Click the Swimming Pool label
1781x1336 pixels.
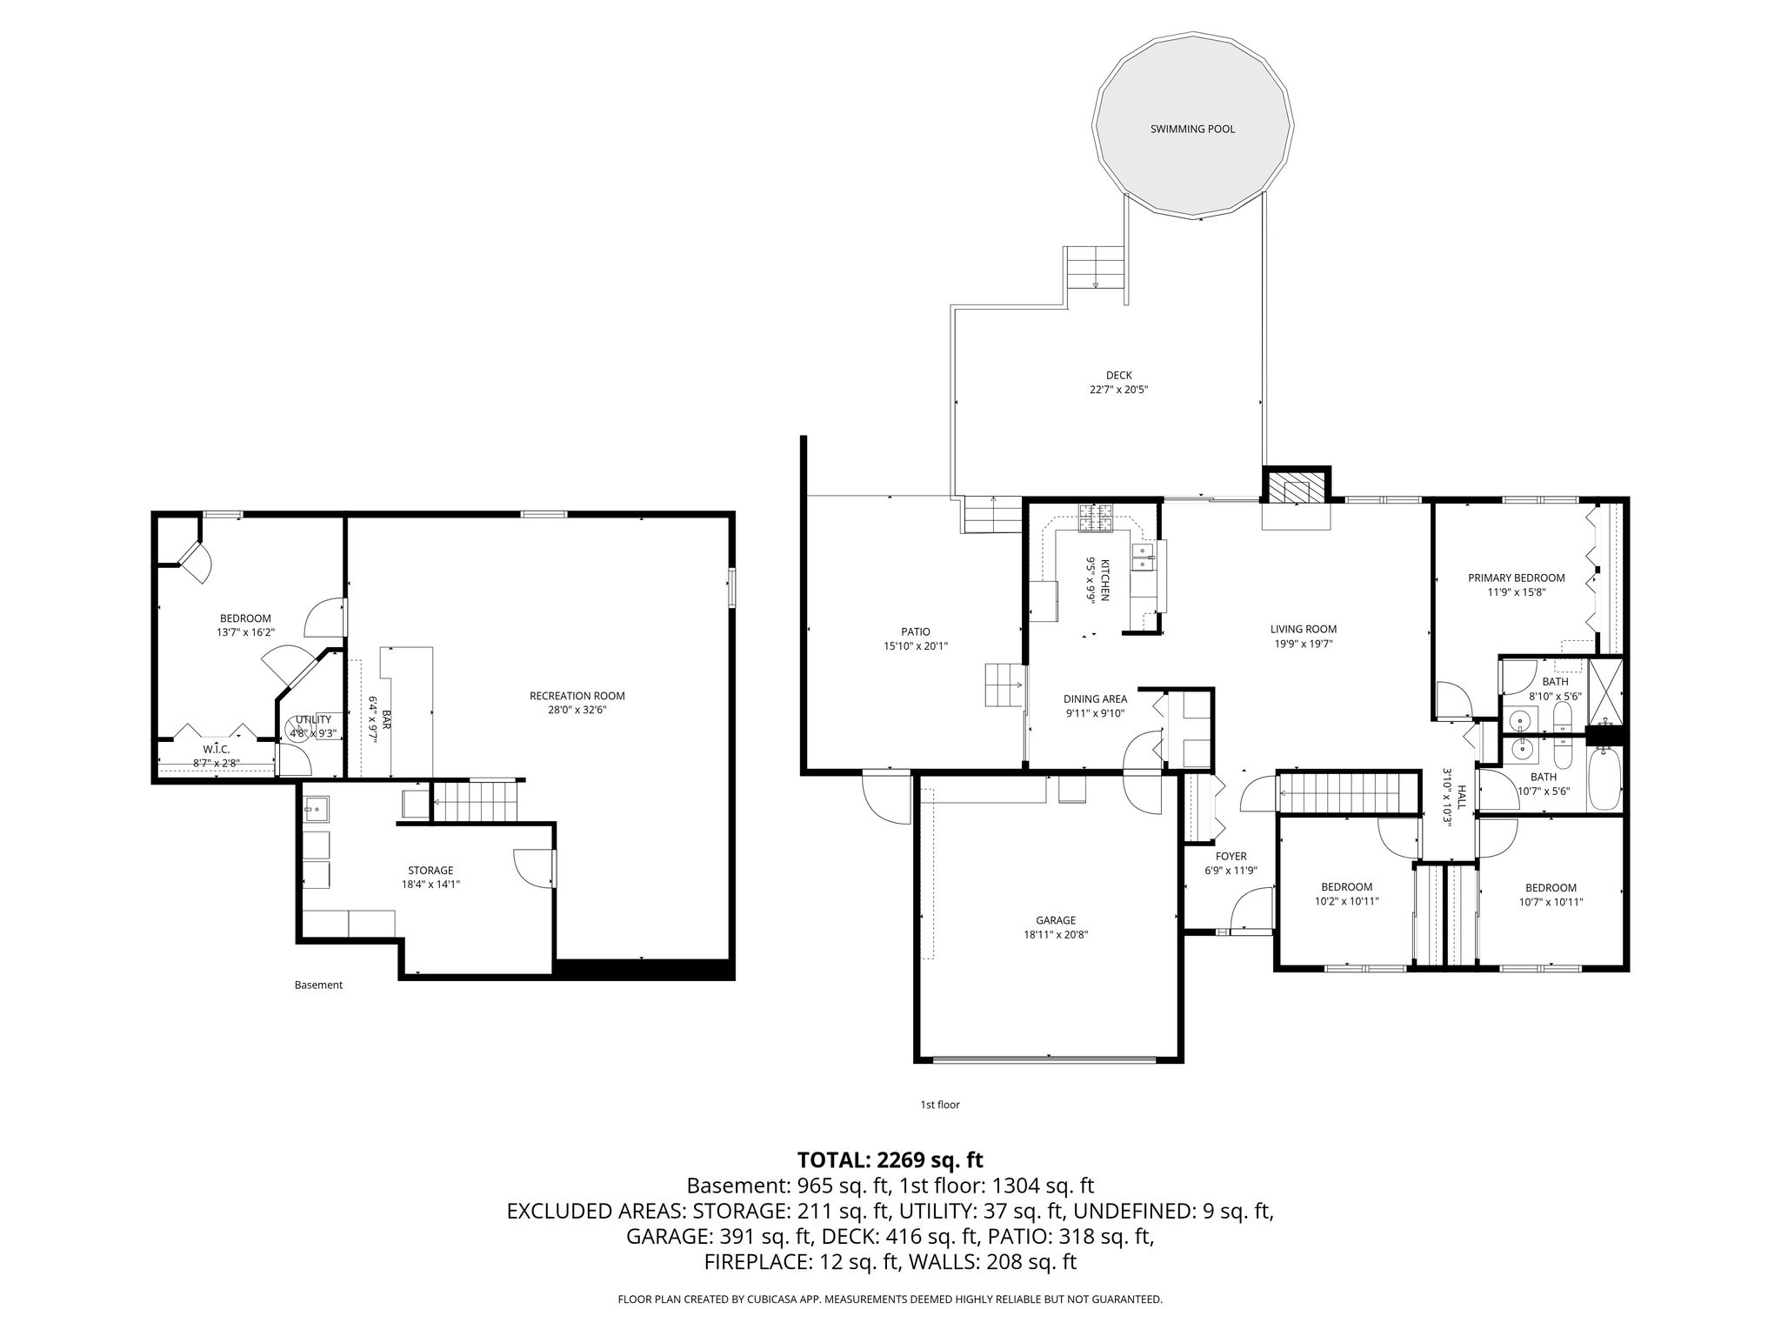click(1192, 130)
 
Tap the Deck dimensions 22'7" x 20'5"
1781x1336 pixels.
click(1119, 391)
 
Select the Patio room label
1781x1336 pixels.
click(916, 631)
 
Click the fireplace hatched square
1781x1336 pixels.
click(1297, 486)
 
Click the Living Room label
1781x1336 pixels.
click(1304, 629)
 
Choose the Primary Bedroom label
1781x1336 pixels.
click(1517, 578)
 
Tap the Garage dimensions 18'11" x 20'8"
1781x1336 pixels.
click(1056, 935)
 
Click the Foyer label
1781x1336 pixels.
click(1231, 856)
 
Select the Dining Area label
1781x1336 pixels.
click(1096, 698)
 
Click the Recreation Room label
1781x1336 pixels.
click(577, 696)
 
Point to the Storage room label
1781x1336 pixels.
click(431, 870)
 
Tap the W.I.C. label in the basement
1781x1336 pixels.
click(217, 749)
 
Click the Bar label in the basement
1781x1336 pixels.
click(384, 718)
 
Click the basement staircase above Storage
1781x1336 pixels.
click(475, 800)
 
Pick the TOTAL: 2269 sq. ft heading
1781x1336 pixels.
click(890, 1159)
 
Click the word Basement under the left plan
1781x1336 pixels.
click(318, 985)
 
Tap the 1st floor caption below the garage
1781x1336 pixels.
click(940, 1105)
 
